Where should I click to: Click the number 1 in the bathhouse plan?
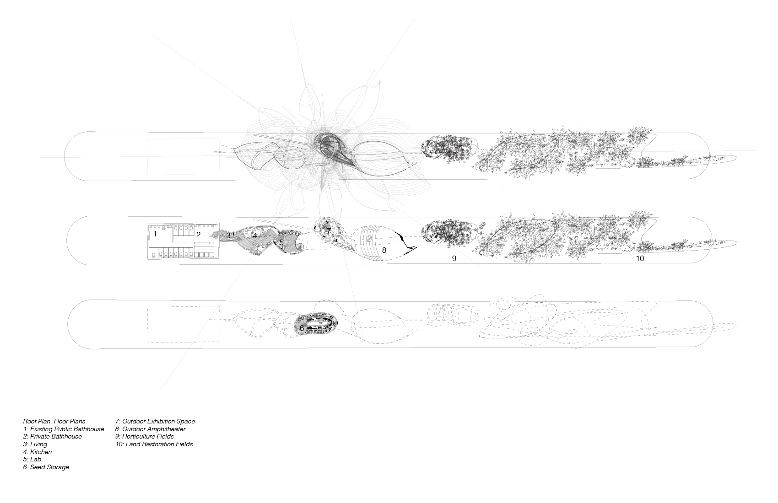tap(155, 234)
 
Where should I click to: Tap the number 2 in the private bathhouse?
tap(199, 235)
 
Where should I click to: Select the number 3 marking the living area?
tap(228, 236)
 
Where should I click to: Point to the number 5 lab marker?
tap(281, 243)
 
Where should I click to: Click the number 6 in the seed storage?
tap(302, 328)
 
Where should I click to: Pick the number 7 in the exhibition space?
tap(329, 231)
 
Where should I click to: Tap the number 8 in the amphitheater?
tap(384, 250)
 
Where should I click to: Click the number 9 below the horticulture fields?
tap(454, 258)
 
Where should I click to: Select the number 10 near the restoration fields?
tap(640, 258)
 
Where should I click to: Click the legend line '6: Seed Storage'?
tap(46, 467)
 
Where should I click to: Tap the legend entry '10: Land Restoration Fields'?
tap(154, 444)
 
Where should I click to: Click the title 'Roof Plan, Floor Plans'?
tap(54, 421)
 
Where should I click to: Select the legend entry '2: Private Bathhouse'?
tap(53, 436)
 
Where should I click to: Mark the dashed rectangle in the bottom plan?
tap(184, 324)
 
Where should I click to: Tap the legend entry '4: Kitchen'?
tap(38, 452)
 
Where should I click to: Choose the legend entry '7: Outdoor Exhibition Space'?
tap(155, 421)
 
